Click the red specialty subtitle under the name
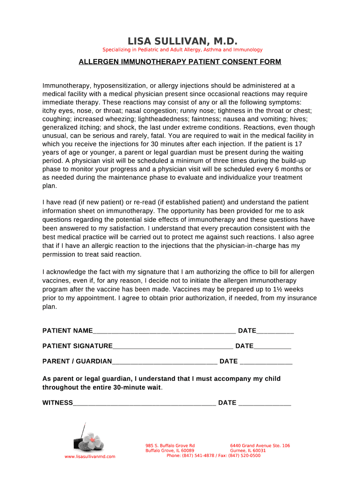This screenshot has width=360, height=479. [x=182, y=50]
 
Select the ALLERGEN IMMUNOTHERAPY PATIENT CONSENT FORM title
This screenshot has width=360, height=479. [x=180, y=62]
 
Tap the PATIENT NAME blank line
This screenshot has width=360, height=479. [x=164, y=331]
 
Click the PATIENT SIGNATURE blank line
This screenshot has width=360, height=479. [x=173, y=346]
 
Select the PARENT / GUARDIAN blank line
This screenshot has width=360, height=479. [x=165, y=362]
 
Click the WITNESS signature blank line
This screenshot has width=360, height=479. [x=144, y=403]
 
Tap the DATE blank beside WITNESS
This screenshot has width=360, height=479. [x=265, y=403]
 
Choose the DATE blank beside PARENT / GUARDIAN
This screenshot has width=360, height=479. [x=266, y=362]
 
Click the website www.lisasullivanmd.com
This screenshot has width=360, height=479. [x=90, y=456]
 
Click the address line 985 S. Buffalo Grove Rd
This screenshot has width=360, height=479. [x=170, y=445]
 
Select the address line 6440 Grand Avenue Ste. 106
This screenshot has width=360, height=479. [x=260, y=445]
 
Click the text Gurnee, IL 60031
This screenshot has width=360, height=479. [x=248, y=450]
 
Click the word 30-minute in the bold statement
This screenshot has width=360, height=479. [x=140, y=387]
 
